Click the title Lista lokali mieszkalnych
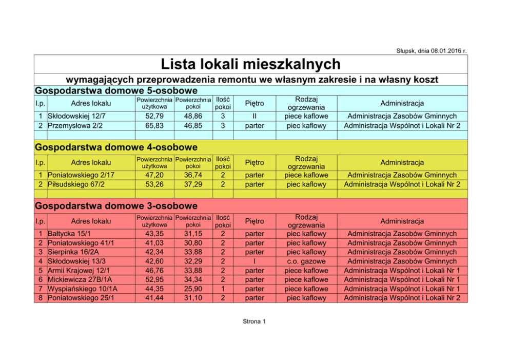click(x=250, y=64)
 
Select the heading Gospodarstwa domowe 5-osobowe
click(x=116, y=90)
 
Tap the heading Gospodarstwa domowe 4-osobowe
click(x=116, y=147)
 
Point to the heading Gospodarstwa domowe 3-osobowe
click(x=116, y=206)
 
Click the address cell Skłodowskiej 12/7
click(x=76, y=116)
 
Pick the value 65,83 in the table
click(x=154, y=125)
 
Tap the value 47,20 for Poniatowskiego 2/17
click(x=154, y=175)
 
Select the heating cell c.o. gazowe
click(x=306, y=261)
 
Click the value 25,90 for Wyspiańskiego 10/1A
click(x=193, y=289)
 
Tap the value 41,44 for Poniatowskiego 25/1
click(x=154, y=298)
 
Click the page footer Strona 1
click(x=254, y=322)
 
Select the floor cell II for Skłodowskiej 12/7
click(x=254, y=116)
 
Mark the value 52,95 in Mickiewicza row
click(x=154, y=280)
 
